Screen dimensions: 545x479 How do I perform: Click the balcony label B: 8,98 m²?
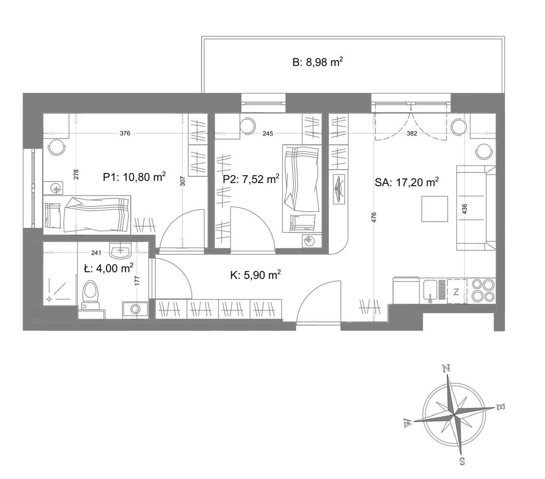coord(318,63)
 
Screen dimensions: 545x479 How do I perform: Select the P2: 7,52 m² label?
coord(251,179)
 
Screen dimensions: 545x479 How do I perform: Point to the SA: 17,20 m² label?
coord(406,182)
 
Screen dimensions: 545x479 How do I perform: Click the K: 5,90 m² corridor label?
coord(255,275)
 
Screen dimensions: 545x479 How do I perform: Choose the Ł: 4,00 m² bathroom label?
coord(108,268)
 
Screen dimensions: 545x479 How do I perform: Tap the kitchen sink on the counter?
coord(430,291)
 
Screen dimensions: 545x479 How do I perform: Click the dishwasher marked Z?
coord(456,291)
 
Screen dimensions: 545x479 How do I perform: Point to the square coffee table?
coord(434,208)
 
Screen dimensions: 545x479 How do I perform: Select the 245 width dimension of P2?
coord(267,133)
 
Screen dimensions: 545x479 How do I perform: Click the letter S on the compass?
coord(463,461)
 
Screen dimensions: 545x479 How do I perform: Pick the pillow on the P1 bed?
coord(52,216)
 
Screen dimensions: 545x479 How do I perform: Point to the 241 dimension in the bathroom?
coord(96,253)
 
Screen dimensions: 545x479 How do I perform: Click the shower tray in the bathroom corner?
coord(60,288)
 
